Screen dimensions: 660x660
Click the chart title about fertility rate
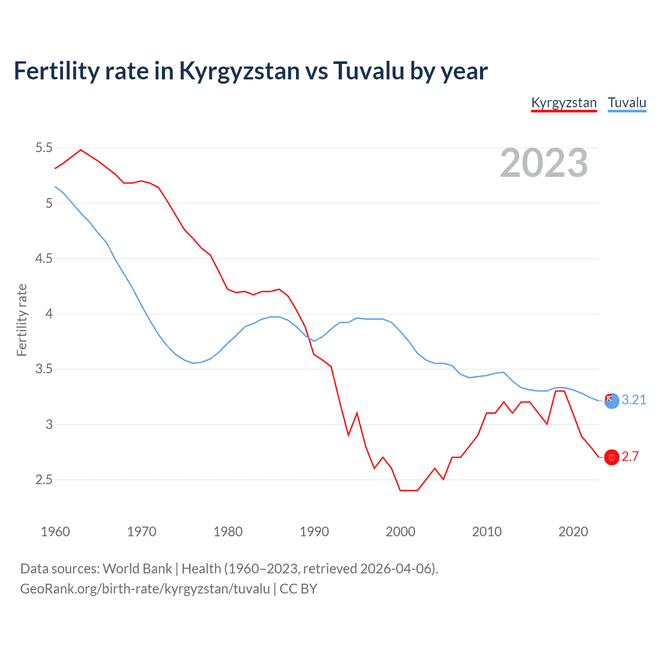click(x=251, y=71)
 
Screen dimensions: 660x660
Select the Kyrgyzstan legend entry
click(x=564, y=103)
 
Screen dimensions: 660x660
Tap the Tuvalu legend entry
click(x=626, y=103)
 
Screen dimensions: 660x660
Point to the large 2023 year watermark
click(x=543, y=163)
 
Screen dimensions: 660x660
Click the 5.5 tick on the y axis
click(x=44, y=148)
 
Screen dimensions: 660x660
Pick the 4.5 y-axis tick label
click(x=44, y=258)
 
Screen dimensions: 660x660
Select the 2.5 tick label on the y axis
click(x=44, y=480)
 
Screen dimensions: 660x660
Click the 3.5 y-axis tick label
click(x=44, y=369)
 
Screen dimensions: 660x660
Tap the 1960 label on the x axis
click(x=55, y=532)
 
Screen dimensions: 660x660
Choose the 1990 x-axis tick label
click(x=314, y=532)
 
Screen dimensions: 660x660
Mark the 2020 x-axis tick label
click(x=573, y=532)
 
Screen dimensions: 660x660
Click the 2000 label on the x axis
click(x=400, y=532)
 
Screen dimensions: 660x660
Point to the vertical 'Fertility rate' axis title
click(x=22, y=320)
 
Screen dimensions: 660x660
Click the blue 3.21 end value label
click(x=634, y=400)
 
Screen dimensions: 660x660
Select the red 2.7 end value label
click(x=630, y=457)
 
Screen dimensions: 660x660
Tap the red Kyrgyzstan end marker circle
click(x=612, y=457)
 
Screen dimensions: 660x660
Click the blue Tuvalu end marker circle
click(x=612, y=401)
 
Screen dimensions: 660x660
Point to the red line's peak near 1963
click(x=80, y=150)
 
